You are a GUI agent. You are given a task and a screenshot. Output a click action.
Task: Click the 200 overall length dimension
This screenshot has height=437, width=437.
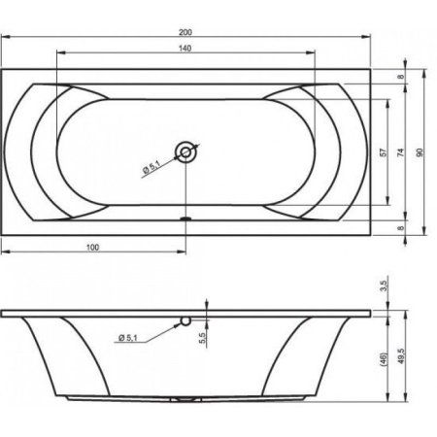[185, 32]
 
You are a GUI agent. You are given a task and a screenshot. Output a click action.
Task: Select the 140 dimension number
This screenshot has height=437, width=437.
[185, 49]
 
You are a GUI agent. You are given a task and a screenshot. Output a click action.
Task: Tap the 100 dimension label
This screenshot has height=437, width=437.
[92, 248]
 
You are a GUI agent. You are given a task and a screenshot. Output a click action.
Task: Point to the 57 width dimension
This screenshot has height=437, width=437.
[383, 152]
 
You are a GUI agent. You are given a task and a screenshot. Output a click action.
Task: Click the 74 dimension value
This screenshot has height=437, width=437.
[401, 152]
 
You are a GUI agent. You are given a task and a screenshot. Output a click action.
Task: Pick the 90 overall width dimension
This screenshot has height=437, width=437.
[420, 152]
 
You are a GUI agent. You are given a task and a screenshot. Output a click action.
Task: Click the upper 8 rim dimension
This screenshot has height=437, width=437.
[401, 77]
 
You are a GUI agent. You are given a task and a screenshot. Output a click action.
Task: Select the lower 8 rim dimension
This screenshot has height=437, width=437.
[401, 228]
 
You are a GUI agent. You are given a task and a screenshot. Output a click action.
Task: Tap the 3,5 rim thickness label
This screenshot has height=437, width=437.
[384, 286]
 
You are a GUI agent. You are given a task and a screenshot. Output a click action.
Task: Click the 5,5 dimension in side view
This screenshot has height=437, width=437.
[202, 338]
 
